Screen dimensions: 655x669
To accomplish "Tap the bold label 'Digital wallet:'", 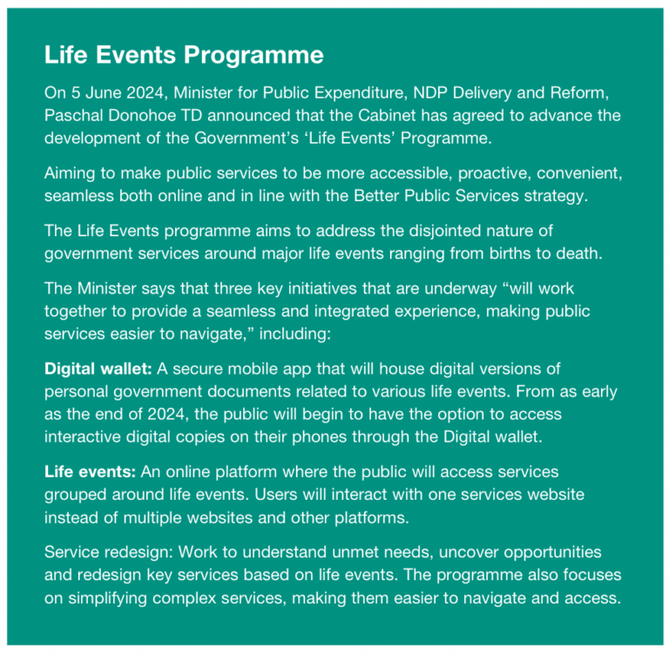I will click(98, 368).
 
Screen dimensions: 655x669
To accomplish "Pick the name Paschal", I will click(76, 115).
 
